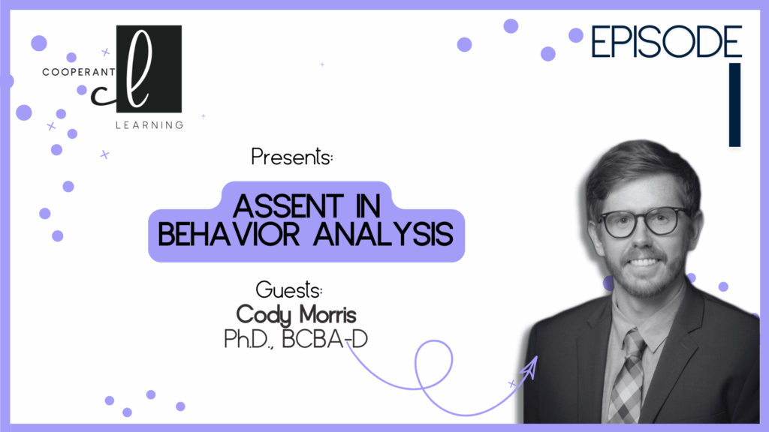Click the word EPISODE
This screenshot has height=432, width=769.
tap(666, 42)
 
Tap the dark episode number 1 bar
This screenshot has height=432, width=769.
tap(734, 105)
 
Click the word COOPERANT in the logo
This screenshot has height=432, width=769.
tap(78, 72)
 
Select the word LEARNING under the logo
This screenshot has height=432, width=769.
tap(149, 125)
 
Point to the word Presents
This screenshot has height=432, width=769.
tap(292, 157)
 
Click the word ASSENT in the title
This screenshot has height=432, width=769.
tap(288, 206)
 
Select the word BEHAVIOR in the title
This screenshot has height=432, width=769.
tap(228, 234)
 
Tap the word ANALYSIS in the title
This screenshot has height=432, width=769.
tap(383, 234)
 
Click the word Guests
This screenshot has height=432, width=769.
tap(289, 289)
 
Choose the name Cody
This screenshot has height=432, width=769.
tap(264, 314)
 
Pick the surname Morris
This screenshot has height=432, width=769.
tap(327, 314)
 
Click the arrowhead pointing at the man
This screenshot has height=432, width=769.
tap(529, 367)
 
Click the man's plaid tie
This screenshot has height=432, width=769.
tap(626, 377)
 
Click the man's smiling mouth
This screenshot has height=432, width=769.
tap(644, 262)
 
